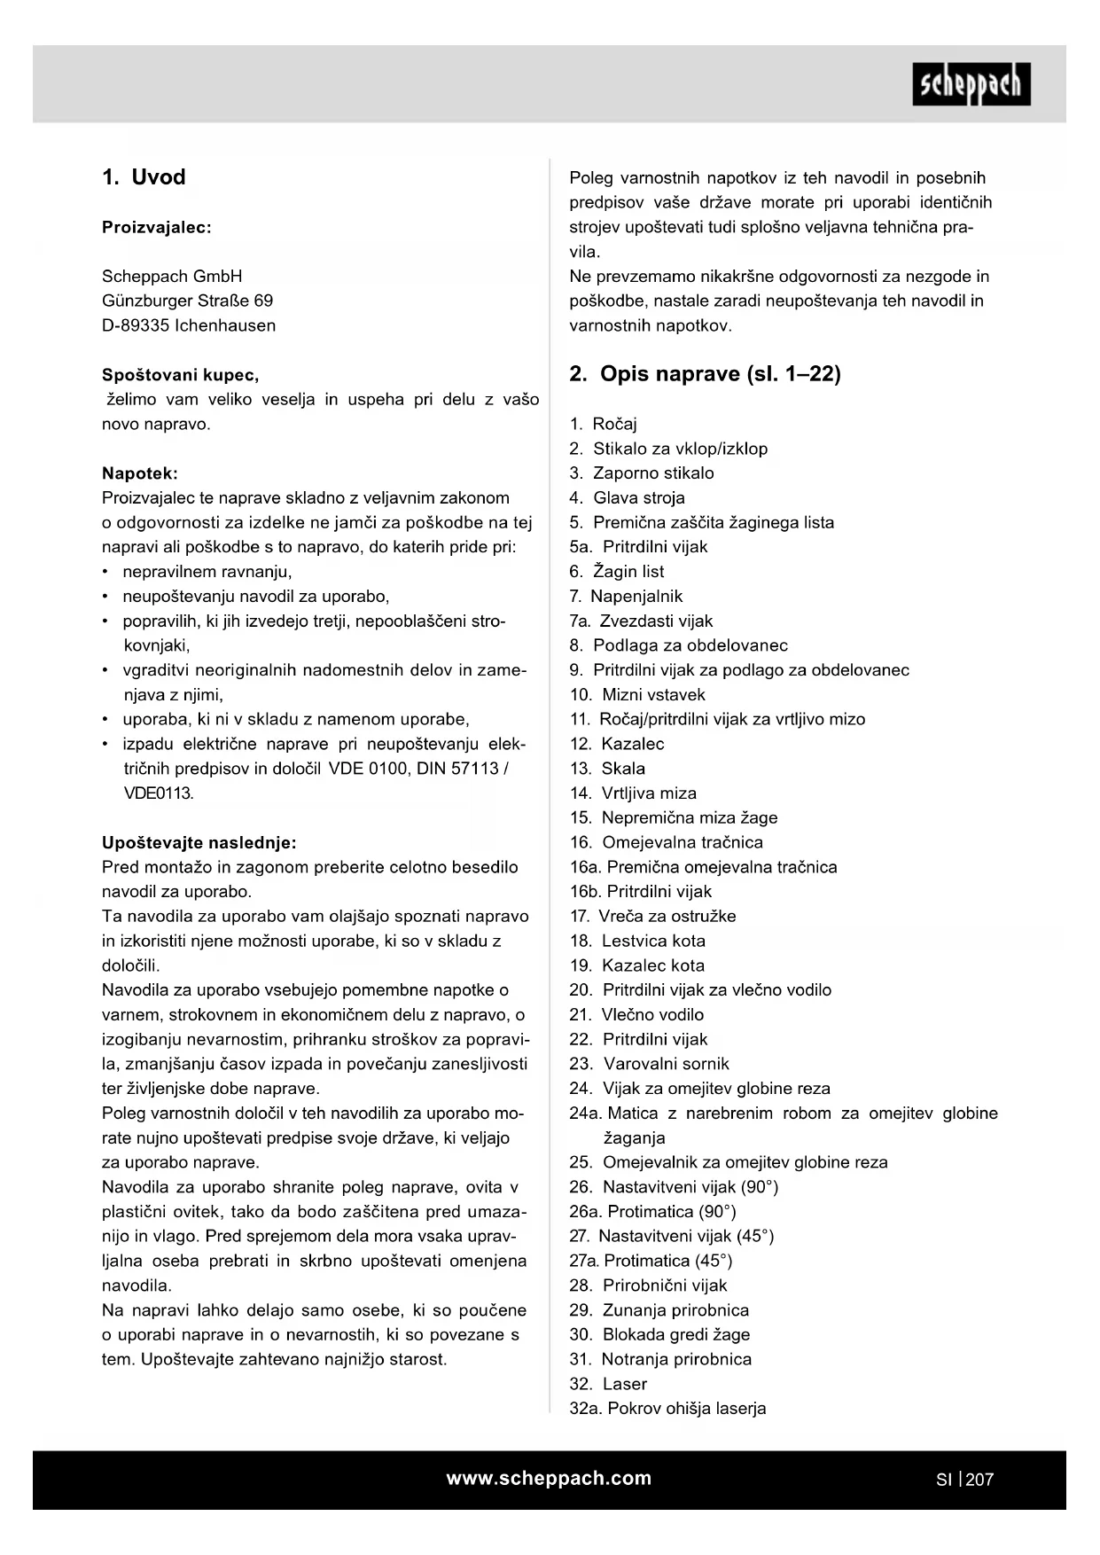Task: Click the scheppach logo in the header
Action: pyautogui.click(x=971, y=84)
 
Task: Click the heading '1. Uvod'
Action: pyautogui.click(x=144, y=177)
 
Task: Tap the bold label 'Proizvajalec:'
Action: pyautogui.click(x=157, y=227)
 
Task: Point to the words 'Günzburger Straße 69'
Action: pyautogui.click(x=187, y=301)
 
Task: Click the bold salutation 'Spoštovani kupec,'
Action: pyautogui.click(x=180, y=375)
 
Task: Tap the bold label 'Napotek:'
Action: pyautogui.click(x=140, y=473)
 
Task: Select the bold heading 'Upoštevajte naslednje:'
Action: pyautogui.click(x=199, y=842)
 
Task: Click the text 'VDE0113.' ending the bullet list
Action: pyautogui.click(x=158, y=793)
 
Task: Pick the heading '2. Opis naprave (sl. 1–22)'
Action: pyautogui.click(x=705, y=374)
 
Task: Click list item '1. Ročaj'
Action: pyautogui.click(x=603, y=424)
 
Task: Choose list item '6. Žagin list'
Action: pyautogui.click(x=617, y=572)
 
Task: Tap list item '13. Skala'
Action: pyautogui.click(x=607, y=769)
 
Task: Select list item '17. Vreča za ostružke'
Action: pyautogui.click(x=652, y=916)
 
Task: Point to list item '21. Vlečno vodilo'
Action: pyautogui.click(x=636, y=1014)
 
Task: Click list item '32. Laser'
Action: pyautogui.click(x=608, y=1384)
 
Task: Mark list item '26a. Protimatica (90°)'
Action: pyautogui.click(x=652, y=1211)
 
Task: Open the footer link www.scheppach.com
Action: pyautogui.click(x=549, y=1478)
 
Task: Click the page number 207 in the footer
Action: pyautogui.click(x=979, y=1480)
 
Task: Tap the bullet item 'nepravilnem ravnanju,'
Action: pyautogui.click(x=207, y=572)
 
